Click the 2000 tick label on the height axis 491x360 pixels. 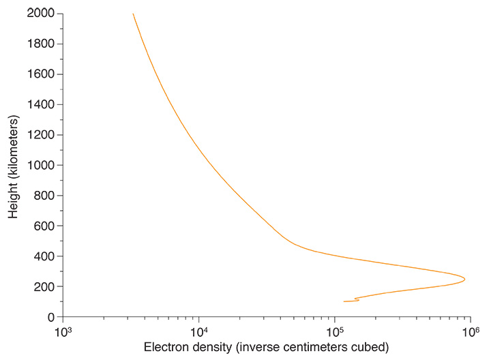(x=41, y=14)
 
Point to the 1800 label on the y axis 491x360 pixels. (x=41, y=44)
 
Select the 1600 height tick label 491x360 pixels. (x=41, y=74)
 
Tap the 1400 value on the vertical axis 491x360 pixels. (x=41, y=104)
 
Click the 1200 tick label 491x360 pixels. (x=41, y=135)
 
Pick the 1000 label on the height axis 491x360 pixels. (x=41, y=165)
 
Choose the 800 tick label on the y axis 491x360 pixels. (x=44, y=196)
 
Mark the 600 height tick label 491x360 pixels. (x=44, y=226)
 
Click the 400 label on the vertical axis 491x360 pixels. (x=44, y=256)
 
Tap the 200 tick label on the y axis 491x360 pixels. (x=44, y=286)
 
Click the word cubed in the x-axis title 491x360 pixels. (x=373, y=347)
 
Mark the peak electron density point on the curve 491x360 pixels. (x=464, y=279)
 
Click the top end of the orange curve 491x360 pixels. (x=133, y=14)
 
